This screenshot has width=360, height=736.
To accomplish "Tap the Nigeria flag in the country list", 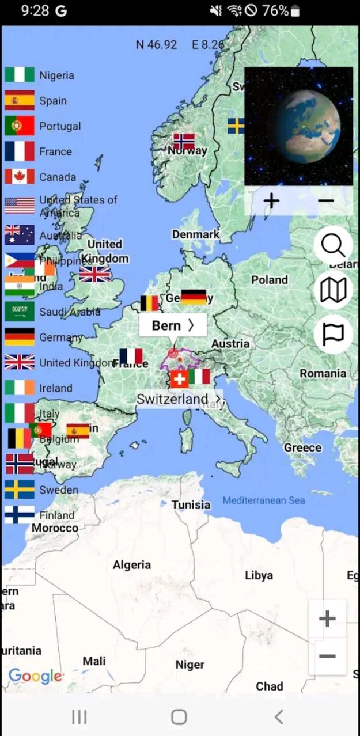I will point(20,75).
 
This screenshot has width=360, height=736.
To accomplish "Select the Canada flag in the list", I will point(20,177).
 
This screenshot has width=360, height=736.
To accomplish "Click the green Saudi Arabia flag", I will point(20,312).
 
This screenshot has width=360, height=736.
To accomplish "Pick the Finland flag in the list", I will point(20,514).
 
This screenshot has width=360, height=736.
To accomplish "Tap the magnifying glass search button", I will point(333,246).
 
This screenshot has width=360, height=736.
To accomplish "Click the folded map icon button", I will point(333,290).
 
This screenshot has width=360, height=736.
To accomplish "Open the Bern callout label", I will point(172,325).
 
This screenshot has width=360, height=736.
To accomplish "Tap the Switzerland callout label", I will point(179,399).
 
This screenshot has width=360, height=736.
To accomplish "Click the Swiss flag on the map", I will point(179,378).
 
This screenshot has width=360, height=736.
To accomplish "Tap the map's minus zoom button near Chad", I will point(327,657).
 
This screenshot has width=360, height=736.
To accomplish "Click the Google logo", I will point(35,676).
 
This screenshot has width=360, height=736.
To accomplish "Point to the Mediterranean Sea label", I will point(264,500).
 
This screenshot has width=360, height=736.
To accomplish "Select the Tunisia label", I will point(191,505).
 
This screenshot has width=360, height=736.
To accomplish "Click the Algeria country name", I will point(132,565).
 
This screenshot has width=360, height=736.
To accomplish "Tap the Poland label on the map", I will point(269,280).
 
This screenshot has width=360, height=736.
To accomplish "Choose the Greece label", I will point(302,447).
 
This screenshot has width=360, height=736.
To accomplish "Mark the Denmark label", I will point(195,234).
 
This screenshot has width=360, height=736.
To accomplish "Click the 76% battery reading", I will point(275,10).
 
